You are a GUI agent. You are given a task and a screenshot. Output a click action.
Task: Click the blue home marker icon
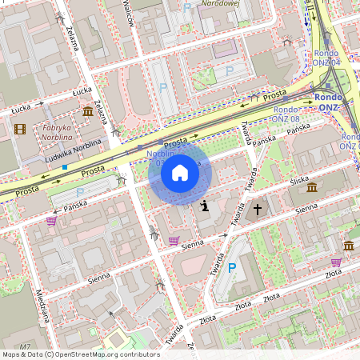pos(180,173)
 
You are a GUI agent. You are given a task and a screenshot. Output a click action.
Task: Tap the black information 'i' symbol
pos(205,206)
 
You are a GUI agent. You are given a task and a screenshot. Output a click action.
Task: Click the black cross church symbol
pos(258,210)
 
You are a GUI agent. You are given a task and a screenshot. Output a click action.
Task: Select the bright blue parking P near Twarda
pos(233,269)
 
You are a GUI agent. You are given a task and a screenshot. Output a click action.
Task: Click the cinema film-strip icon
pos(19,128)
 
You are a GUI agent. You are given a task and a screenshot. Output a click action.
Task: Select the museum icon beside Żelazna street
pos(86,114)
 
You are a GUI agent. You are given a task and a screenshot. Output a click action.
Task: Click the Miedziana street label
pos(43,308)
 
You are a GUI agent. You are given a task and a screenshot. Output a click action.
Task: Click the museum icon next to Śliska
pos(311,187)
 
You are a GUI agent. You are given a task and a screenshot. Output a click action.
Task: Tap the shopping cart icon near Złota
pos(336,262)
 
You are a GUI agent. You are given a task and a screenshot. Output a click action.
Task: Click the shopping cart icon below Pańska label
pos(51,220)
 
